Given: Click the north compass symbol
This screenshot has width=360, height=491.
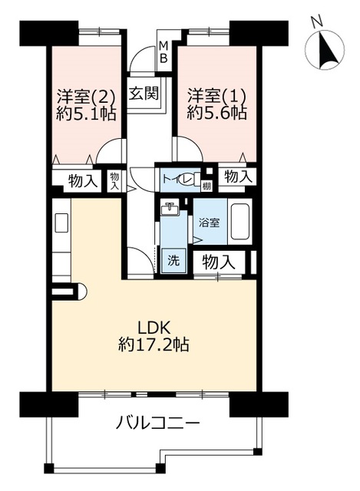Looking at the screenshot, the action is point(326,49).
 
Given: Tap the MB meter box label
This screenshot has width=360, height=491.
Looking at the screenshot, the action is point(163,52).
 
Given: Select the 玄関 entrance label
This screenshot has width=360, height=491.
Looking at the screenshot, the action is point(144,93).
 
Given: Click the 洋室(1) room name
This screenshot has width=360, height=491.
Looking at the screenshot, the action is point(216,97).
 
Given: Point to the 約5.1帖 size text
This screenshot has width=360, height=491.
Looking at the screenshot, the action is point(85,114).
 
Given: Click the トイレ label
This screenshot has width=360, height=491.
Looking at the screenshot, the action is point(177,180).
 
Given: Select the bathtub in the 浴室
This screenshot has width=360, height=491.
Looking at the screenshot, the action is point(240,221).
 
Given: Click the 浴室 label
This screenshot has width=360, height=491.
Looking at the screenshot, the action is point(210,222).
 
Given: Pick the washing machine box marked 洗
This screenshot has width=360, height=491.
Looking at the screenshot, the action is point(173,260).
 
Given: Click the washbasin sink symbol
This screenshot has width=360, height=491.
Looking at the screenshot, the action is point(170,208).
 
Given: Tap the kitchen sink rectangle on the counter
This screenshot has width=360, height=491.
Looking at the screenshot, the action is point(61,222).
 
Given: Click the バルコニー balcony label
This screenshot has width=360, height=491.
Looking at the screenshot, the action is point(157,424).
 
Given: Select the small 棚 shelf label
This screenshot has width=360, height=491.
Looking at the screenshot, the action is point(206,186).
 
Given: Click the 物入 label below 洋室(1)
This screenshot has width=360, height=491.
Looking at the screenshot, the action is point(238,177).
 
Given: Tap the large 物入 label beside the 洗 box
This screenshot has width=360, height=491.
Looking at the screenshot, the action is point(219,262).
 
